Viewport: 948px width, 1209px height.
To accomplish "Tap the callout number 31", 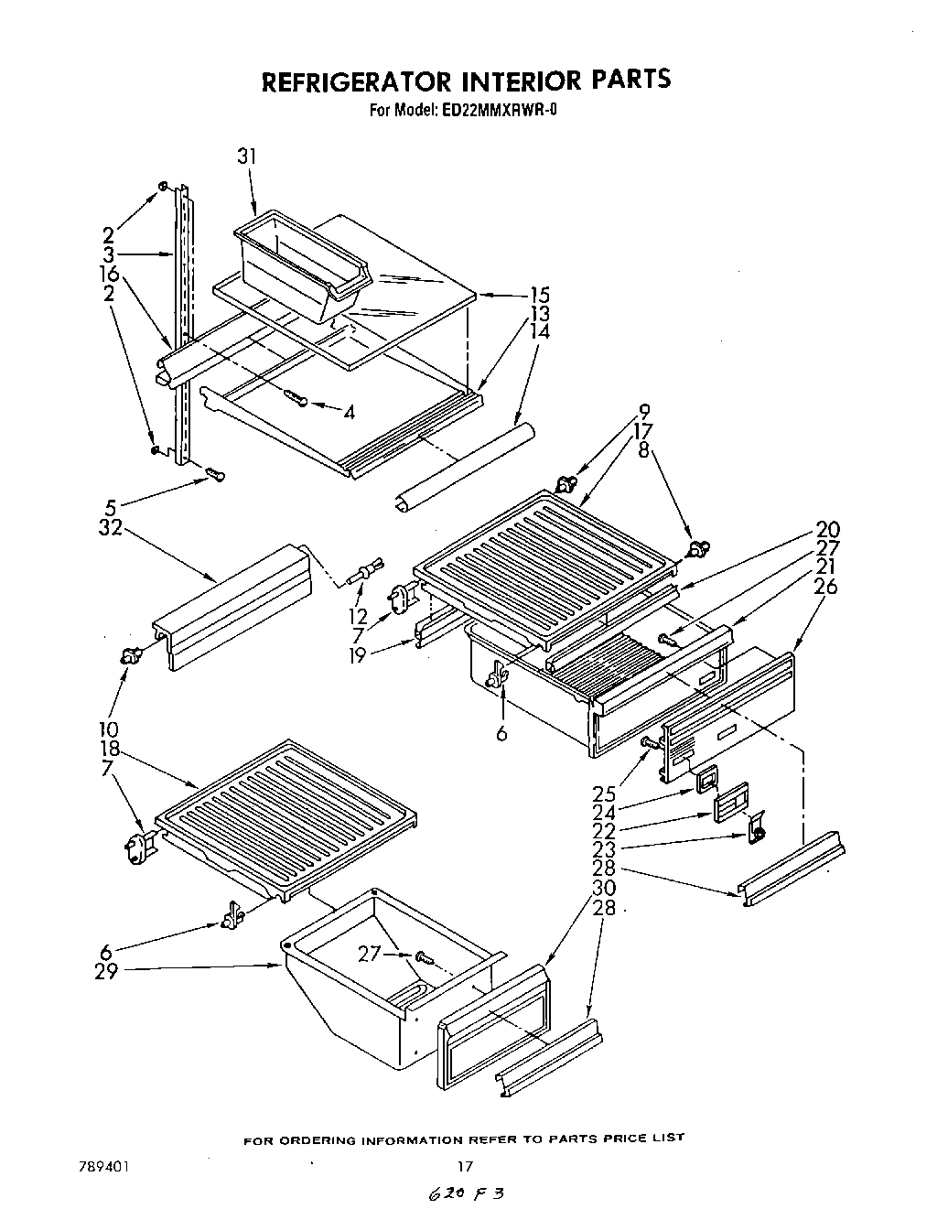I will pos(246,157).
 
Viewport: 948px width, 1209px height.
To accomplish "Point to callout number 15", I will pos(539,295).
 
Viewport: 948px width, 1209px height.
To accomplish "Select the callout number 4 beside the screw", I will pos(349,412).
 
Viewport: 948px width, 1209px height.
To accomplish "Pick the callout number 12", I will pos(358,616).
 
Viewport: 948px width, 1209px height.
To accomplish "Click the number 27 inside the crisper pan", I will pos(370,955).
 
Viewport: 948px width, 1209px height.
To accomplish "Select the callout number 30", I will pos(602,888).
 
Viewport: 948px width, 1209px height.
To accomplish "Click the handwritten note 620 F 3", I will pos(464,1194).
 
